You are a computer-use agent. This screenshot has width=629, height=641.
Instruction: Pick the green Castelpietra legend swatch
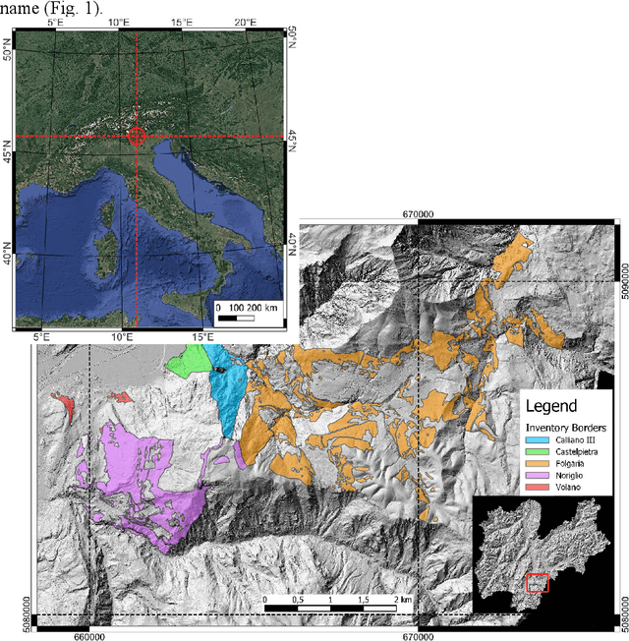[x=531, y=456]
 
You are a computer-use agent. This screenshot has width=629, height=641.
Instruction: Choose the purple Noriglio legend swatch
[x=531, y=488]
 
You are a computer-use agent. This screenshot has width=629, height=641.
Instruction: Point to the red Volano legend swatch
[x=531, y=503]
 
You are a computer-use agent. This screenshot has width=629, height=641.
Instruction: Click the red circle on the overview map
[x=137, y=137]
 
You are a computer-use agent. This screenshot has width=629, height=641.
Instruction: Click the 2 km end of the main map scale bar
[x=396, y=599]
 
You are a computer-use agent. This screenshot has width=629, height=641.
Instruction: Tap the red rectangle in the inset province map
[x=537, y=583]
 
